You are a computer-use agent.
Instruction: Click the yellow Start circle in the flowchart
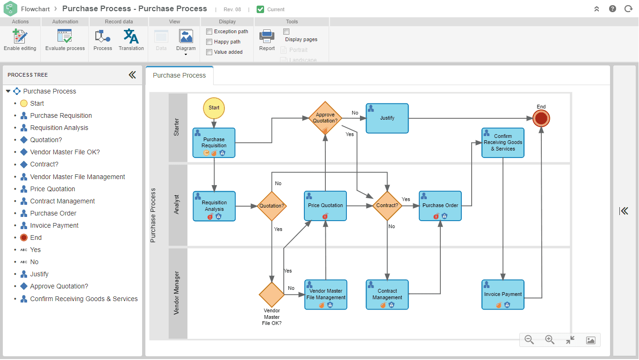[214, 108]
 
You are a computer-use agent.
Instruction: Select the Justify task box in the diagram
[387, 118]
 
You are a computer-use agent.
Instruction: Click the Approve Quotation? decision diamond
[325, 118]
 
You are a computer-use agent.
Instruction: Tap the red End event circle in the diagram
[541, 118]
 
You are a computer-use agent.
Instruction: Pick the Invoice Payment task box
[503, 295]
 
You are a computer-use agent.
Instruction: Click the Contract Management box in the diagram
[387, 295]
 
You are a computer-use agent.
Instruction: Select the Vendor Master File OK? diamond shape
[272, 295]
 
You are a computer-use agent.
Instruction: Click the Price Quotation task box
[325, 206]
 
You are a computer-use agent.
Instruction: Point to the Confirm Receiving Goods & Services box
[503, 143]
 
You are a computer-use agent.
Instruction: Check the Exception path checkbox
[209, 31]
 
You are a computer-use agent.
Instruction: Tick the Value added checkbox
[209, 52]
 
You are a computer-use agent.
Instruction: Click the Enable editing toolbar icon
[20, 37]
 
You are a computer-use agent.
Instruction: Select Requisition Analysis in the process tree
[59, 128]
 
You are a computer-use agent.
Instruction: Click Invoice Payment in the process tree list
[54, 225]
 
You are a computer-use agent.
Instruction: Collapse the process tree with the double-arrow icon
[132, 75]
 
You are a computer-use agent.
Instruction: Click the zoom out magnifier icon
[529, 340]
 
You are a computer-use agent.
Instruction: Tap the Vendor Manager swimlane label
[177, 293]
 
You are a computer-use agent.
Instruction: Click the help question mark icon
[612, 9]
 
